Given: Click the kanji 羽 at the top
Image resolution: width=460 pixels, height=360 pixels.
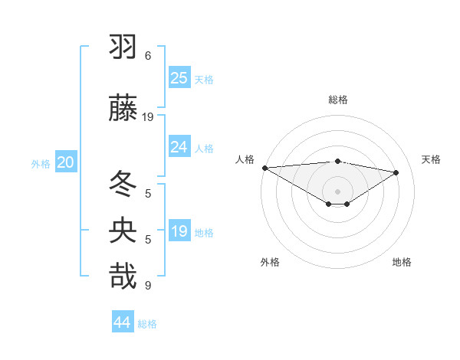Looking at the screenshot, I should (x=123, y=48).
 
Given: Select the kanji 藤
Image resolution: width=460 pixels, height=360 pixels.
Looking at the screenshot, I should (x=123, y=108).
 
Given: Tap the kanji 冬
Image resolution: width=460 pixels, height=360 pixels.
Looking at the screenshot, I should (x=123, y=183).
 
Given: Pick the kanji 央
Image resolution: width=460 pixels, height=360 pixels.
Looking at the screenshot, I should (x=123, y=231).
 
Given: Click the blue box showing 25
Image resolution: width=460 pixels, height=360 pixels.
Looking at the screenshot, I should (x=179, y=77).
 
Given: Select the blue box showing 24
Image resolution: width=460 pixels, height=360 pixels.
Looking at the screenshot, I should (x=179, y=147).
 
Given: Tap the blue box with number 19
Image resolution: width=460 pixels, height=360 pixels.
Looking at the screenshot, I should (x=179, y=231).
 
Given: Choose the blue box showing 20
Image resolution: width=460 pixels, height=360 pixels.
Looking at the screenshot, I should (x=66, y=162).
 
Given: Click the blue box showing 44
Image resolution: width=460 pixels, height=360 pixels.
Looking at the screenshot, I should (x=123, y=322).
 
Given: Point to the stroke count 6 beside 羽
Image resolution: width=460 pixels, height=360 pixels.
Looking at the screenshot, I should (x=148, y=56).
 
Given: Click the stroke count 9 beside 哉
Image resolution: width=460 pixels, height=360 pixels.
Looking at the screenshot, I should (x=148, y=286).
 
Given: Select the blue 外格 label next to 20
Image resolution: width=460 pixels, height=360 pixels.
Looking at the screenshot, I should (x=41, y=164).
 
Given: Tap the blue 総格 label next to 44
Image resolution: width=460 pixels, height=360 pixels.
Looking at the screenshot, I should (x=147, y=324).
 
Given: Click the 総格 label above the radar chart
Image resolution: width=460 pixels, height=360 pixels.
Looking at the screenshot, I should (x=338, y=100).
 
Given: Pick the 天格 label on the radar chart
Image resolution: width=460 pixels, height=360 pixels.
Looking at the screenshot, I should (x=431, y=159).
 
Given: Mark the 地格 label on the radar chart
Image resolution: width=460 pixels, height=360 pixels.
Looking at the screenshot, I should (x=402, y=262).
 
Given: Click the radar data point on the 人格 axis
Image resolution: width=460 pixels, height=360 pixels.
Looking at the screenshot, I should (x=264, y=168).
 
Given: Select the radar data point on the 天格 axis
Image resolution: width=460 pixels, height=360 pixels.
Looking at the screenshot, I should (x=396, y=172).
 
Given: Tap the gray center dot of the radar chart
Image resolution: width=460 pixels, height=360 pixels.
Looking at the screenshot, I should (x=337, y=191).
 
